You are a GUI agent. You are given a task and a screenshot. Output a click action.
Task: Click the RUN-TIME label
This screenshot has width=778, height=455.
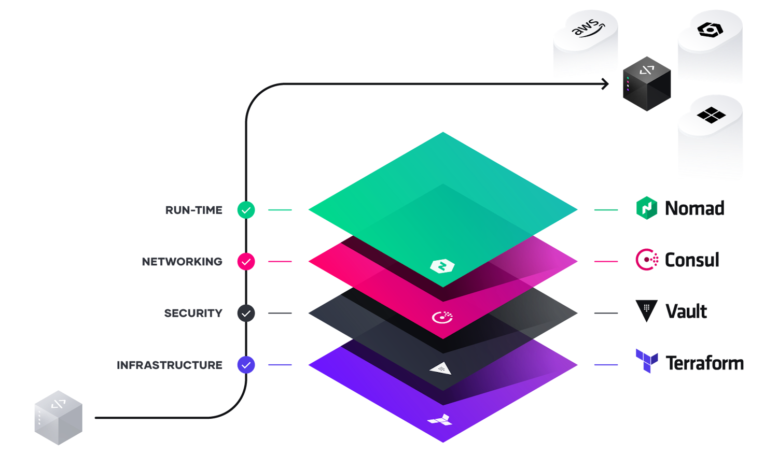click(x=193, y=210)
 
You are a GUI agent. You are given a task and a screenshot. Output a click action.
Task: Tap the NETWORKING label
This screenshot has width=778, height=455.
click(x=182, y=262)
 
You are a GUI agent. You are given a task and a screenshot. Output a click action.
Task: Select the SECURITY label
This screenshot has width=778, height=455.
click(x=193, y=313)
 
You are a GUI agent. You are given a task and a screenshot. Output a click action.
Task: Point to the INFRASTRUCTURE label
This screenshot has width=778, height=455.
click(x=170, y=365)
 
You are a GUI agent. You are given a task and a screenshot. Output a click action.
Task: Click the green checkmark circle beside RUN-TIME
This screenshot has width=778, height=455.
click(x=246, y=210)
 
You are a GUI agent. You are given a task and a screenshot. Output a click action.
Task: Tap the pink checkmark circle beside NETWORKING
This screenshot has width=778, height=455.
click(x=246, y=262)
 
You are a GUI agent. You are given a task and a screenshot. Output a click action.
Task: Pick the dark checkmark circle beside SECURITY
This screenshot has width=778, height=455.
click(x=246, y=313)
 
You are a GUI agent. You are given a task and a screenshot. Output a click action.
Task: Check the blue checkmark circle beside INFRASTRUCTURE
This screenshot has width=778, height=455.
click(x=246, y=365)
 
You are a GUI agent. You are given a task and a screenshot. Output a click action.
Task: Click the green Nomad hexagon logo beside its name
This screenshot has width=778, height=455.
click(x=647, y=208)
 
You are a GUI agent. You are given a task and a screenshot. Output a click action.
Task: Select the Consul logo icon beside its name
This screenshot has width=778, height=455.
click(x=647, y=259)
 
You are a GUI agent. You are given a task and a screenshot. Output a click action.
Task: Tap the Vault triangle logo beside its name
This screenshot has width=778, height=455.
click(x=646, y=310)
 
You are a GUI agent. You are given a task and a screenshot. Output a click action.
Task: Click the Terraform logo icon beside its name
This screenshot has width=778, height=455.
click(x=647, y=361)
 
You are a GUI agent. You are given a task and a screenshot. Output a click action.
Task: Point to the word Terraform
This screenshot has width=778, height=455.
click(x=704, y=363)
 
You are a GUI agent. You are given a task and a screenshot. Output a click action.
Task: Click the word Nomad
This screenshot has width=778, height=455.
click(x=694, y=208)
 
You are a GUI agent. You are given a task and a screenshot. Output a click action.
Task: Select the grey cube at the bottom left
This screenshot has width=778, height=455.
click(x=58, y=418)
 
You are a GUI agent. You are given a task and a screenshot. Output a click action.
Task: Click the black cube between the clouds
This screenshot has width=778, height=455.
click(x=646, y=83)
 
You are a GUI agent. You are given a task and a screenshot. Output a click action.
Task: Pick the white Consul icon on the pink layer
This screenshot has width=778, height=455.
click(x=442, y=317)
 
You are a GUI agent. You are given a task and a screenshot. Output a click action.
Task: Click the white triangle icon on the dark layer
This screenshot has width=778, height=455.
click(x=440, y=368)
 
